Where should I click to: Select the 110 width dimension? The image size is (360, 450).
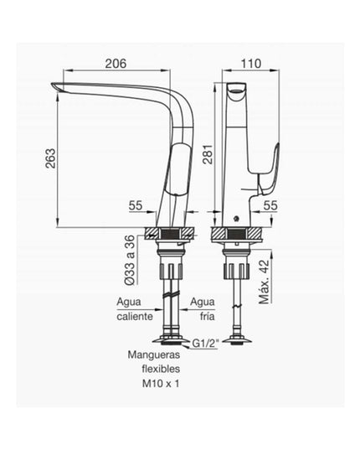coord(249,64)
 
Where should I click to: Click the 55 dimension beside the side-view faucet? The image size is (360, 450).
coord(136,204)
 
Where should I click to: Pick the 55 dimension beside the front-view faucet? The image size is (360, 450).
coord(270,204)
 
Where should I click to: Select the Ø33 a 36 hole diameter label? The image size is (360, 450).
coord(130,257)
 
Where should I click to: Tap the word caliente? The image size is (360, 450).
coord(132,317)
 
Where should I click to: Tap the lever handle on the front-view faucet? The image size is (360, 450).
coord(270,168)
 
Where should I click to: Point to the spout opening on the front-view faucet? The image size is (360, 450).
coord(237,89)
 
